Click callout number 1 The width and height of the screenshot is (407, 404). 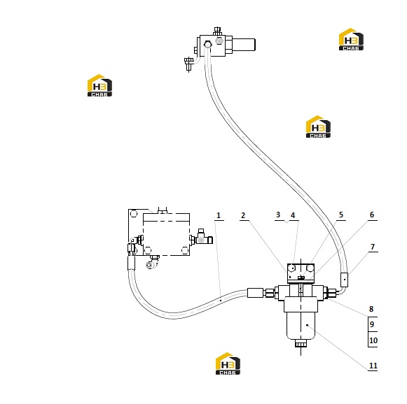[x=219, y=215]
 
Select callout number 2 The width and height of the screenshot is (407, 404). [x=243, y=215]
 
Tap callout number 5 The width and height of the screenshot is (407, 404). [x=341, y=215]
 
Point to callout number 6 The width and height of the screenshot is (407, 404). [x=372, y=215]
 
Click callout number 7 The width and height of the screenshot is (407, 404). [x=373, y=247]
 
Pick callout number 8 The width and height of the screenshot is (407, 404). [x=371, y=309]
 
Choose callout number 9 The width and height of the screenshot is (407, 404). [x=372, y=324]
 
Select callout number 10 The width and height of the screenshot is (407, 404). [x=373, y=340]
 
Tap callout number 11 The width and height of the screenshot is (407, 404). [x=373, y=366]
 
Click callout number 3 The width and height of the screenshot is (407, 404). [x=278, y=215]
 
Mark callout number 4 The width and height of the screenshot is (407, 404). [x=293, y=215]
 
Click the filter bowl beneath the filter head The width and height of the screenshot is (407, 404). [x=301, y=326]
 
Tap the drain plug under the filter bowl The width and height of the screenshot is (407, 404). [x=301, y=344]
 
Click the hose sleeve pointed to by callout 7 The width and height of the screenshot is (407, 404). [x=344, y=280]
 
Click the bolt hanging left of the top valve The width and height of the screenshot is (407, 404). [x=188, y=64]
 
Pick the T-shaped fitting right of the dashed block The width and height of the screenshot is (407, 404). [x=204, y=237]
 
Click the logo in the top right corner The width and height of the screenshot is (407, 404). [x=351, y=39]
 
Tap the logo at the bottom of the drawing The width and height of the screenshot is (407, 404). [x=228, y=363]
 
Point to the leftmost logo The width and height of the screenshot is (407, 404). [x=99, y=85]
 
